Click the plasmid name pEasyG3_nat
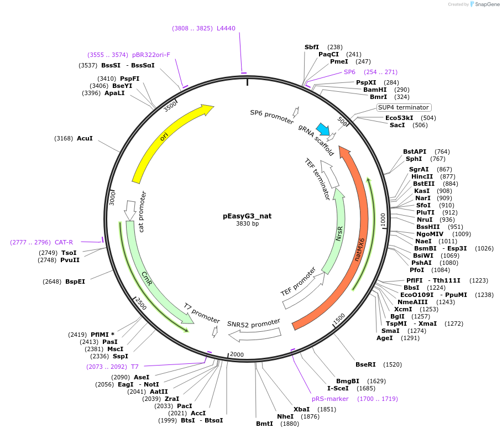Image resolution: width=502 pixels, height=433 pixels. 247,216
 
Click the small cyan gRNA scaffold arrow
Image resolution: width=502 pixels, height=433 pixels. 322,129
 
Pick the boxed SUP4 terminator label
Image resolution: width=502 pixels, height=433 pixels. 403,107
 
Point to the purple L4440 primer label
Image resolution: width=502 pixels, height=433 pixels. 226,28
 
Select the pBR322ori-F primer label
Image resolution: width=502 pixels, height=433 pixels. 151,55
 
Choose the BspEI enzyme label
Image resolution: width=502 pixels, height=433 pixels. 75,281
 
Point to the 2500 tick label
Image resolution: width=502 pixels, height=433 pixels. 141,303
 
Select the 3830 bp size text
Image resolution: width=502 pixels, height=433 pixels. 247,224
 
